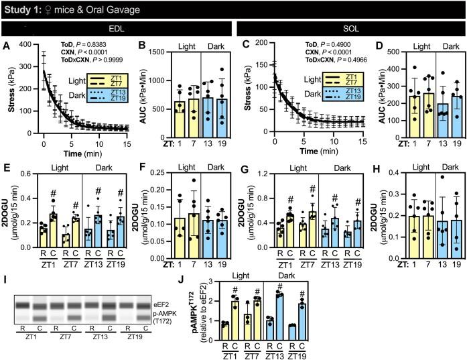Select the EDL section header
coord(116,29)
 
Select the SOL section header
coord(350,29)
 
